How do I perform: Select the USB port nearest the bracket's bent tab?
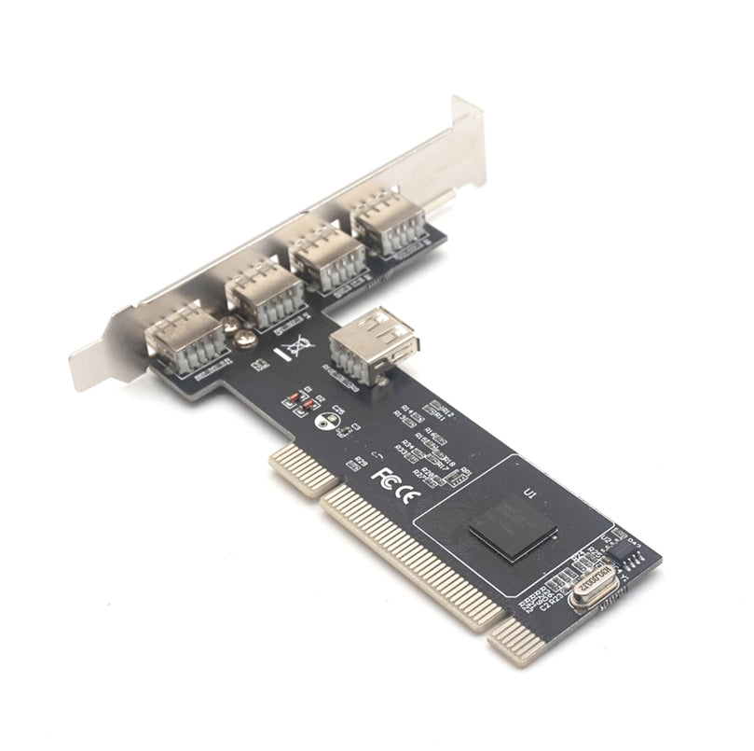pos(387,221)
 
